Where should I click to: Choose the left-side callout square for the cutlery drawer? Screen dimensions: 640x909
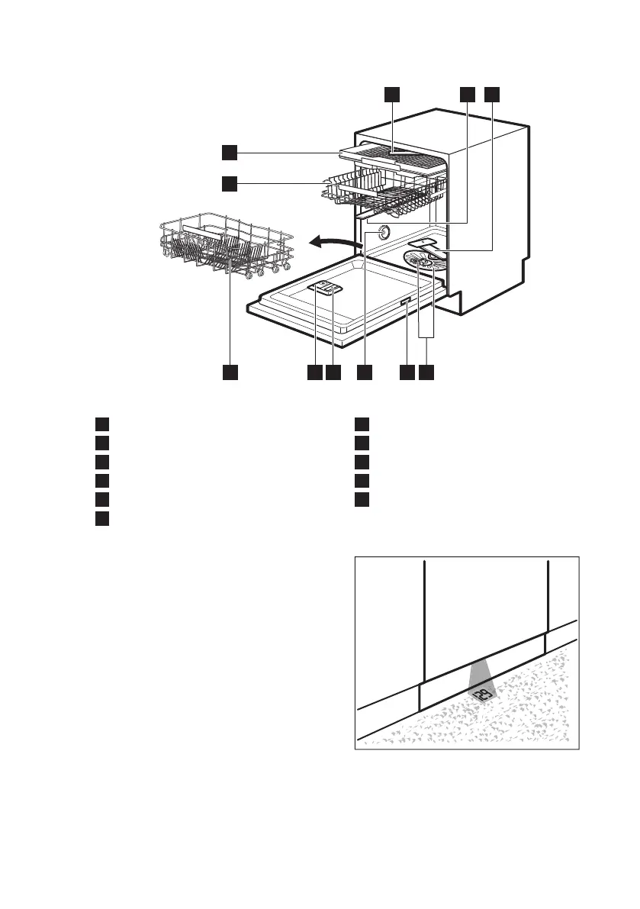(230, 153)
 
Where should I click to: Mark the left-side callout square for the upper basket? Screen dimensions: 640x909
(230, 183)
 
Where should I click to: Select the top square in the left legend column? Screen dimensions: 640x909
(101, 424)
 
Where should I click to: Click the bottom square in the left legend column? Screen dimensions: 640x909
(101, 519)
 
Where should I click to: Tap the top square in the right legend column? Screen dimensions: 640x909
(362, 424)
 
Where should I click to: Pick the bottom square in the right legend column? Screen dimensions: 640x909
(362, 500)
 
